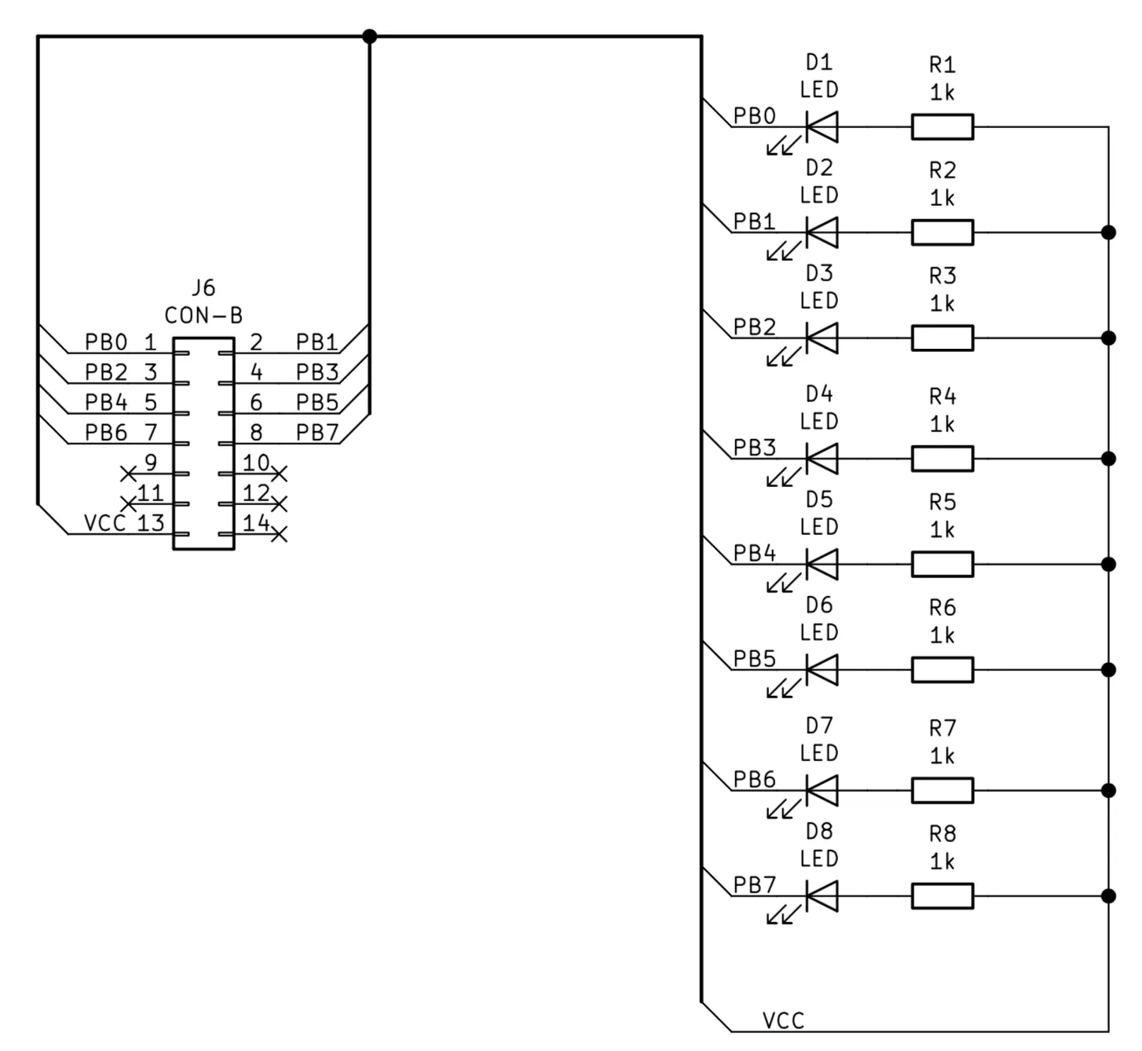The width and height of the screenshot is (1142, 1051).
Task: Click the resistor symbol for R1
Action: (x=943, y=126)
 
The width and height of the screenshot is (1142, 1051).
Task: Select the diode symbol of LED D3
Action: (x=822, y=338)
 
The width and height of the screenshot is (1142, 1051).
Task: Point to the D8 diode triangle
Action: (x=822, y=896)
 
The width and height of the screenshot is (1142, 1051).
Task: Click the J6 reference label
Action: (x=203, y=288)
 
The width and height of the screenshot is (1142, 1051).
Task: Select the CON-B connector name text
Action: (x=203, y=315)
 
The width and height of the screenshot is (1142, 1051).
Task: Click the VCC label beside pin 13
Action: (x=104, y=522)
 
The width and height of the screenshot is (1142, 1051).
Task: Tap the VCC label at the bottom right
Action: (x=783, y=1021)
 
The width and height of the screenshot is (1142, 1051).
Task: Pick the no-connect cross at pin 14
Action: (x=279, y=534)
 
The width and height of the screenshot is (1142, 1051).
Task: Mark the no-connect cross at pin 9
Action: (x=129, y=474)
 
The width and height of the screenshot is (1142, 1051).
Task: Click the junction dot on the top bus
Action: (x=369, y=36)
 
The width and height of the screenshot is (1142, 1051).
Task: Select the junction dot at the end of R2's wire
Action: (x=1108, y=233)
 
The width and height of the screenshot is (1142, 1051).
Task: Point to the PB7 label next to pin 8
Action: (x=317, y=433)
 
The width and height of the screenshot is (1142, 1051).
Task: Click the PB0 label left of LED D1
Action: (x=754, y=116)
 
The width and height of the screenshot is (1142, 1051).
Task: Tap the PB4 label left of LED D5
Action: (x=754, y=554)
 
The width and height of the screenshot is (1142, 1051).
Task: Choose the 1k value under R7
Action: (x=943, y=756)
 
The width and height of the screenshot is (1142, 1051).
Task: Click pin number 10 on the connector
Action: (x=256, y=463)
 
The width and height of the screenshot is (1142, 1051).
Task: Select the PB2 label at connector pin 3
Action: (x=106, y=372)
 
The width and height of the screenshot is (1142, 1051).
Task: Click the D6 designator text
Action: (x=819, y=605)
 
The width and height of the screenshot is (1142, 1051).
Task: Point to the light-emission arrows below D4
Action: (x=783, y=477)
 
